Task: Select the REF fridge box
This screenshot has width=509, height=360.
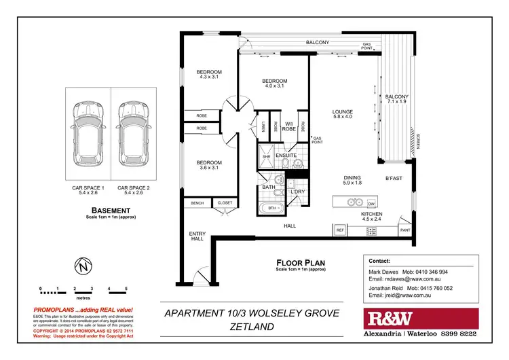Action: [x=341, y=231]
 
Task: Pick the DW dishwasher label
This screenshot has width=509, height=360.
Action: [x=371, y=204]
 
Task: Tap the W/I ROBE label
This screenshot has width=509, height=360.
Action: [x=288, y=125]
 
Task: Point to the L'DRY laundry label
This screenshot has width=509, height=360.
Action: [x=297, y=192]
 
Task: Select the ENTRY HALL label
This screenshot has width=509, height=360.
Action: [x=197, y=236]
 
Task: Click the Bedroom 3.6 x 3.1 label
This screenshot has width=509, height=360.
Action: [x=209, y=166]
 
